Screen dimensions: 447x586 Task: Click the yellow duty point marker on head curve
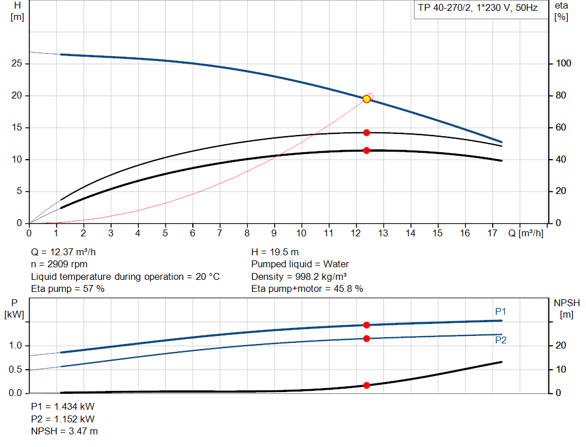point(366,99)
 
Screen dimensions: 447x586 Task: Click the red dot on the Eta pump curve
point(366,133)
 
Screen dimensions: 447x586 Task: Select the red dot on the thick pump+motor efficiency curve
point(366,151)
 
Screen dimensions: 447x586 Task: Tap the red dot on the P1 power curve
point(366,325)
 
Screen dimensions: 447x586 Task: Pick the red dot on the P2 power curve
point(366,338)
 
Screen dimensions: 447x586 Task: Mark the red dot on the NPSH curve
point(366,385)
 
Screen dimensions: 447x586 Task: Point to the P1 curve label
point(501,311)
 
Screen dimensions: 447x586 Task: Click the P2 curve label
point(501,340)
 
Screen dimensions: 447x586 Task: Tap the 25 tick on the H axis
point(16,64)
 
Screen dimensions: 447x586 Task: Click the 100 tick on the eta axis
point(563,64)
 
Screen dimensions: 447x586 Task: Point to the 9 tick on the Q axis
point(274,233)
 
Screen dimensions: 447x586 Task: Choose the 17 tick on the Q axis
point(492,233)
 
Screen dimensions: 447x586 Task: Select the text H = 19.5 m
point(275,252)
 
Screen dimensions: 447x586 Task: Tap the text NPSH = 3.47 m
point(64,431)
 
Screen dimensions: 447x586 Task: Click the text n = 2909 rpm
point(60,264)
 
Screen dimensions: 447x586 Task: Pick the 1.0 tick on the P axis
point(16,346)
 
